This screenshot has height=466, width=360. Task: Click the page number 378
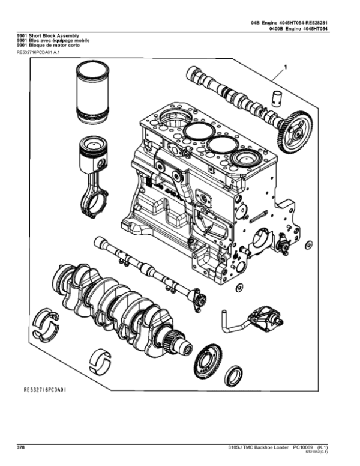pyautogui.click(x=20, y=448)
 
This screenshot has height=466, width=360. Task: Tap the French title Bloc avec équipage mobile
pyautogui.click(x=54, y=41)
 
